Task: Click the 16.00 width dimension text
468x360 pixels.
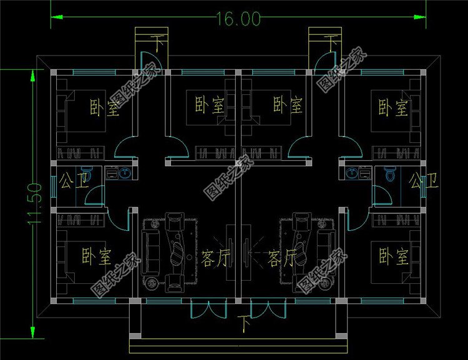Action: coord(238,19)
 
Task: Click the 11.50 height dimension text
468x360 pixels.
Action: coord(34,203)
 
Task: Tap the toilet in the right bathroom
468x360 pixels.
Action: coord(389,173)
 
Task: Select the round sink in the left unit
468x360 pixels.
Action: coord(125,173)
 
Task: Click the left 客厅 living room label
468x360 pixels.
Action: coord(215,258)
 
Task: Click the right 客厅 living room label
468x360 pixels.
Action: coord(282,258)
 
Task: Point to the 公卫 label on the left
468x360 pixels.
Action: coord(75,180)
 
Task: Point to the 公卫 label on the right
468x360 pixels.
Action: coord(423,180)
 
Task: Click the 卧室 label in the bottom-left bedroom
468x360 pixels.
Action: coord(96,256)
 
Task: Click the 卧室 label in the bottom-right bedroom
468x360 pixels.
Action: coord(394,256)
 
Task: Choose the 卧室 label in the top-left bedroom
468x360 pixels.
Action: coord(104,107)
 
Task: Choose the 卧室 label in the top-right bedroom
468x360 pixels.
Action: coord(393,107)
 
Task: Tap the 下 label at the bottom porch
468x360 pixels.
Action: coord(245,324)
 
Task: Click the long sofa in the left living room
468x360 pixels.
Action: coord(149,252)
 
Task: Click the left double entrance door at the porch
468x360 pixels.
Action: coord(208,308)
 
